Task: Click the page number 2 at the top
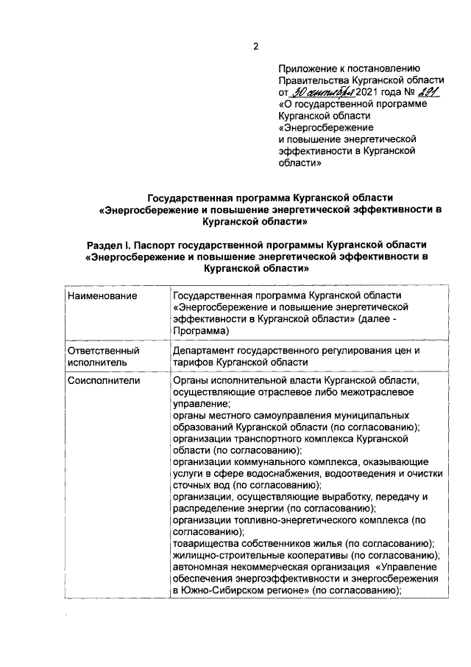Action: click(x=256, y=46)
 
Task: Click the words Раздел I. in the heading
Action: click(x=111, y=244)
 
